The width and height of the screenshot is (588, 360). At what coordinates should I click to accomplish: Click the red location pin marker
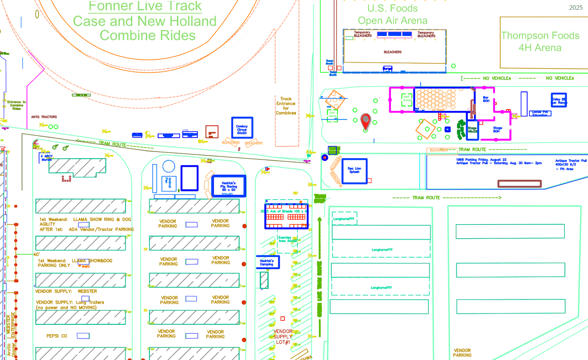[x=365, y=120]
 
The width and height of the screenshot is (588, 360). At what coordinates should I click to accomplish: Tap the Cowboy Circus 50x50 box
[x=242, y=128]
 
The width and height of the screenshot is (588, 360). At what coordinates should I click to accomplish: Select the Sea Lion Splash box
[x=354, y=171]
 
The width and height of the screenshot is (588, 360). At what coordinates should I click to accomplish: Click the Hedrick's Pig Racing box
[x=228, y=186]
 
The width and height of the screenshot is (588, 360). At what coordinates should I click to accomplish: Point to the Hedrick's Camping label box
[x=267, y=262]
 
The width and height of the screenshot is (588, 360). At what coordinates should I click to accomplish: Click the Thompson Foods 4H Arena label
[x=540, y=42]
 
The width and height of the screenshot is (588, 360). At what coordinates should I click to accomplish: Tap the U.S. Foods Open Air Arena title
[x=392, y=15]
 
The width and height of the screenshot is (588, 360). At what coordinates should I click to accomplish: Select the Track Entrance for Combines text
[x=286, y=106]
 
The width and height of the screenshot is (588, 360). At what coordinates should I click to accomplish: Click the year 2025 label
[x=576, y=7]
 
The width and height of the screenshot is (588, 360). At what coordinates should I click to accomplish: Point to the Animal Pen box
[x=169, y=183]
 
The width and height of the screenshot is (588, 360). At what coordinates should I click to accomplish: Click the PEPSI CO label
[x=57, y=336]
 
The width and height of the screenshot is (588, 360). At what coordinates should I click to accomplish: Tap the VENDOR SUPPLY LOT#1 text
[x=283, y=337]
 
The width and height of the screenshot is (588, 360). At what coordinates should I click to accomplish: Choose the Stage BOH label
[x=497, y=129]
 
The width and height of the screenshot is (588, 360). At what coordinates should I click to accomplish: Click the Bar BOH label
[x=486, y=99]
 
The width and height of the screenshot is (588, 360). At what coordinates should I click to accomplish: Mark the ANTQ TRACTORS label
[x=44, y=117]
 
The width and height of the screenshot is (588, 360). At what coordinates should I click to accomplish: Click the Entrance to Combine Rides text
[x=16, y=105]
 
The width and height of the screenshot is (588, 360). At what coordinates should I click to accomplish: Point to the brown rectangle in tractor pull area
[x=519, y=183]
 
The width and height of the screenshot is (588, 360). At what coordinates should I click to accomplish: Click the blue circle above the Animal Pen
[x=169, y=167]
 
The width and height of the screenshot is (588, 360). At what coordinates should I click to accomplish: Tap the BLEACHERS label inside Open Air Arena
[x=392, y=52]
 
